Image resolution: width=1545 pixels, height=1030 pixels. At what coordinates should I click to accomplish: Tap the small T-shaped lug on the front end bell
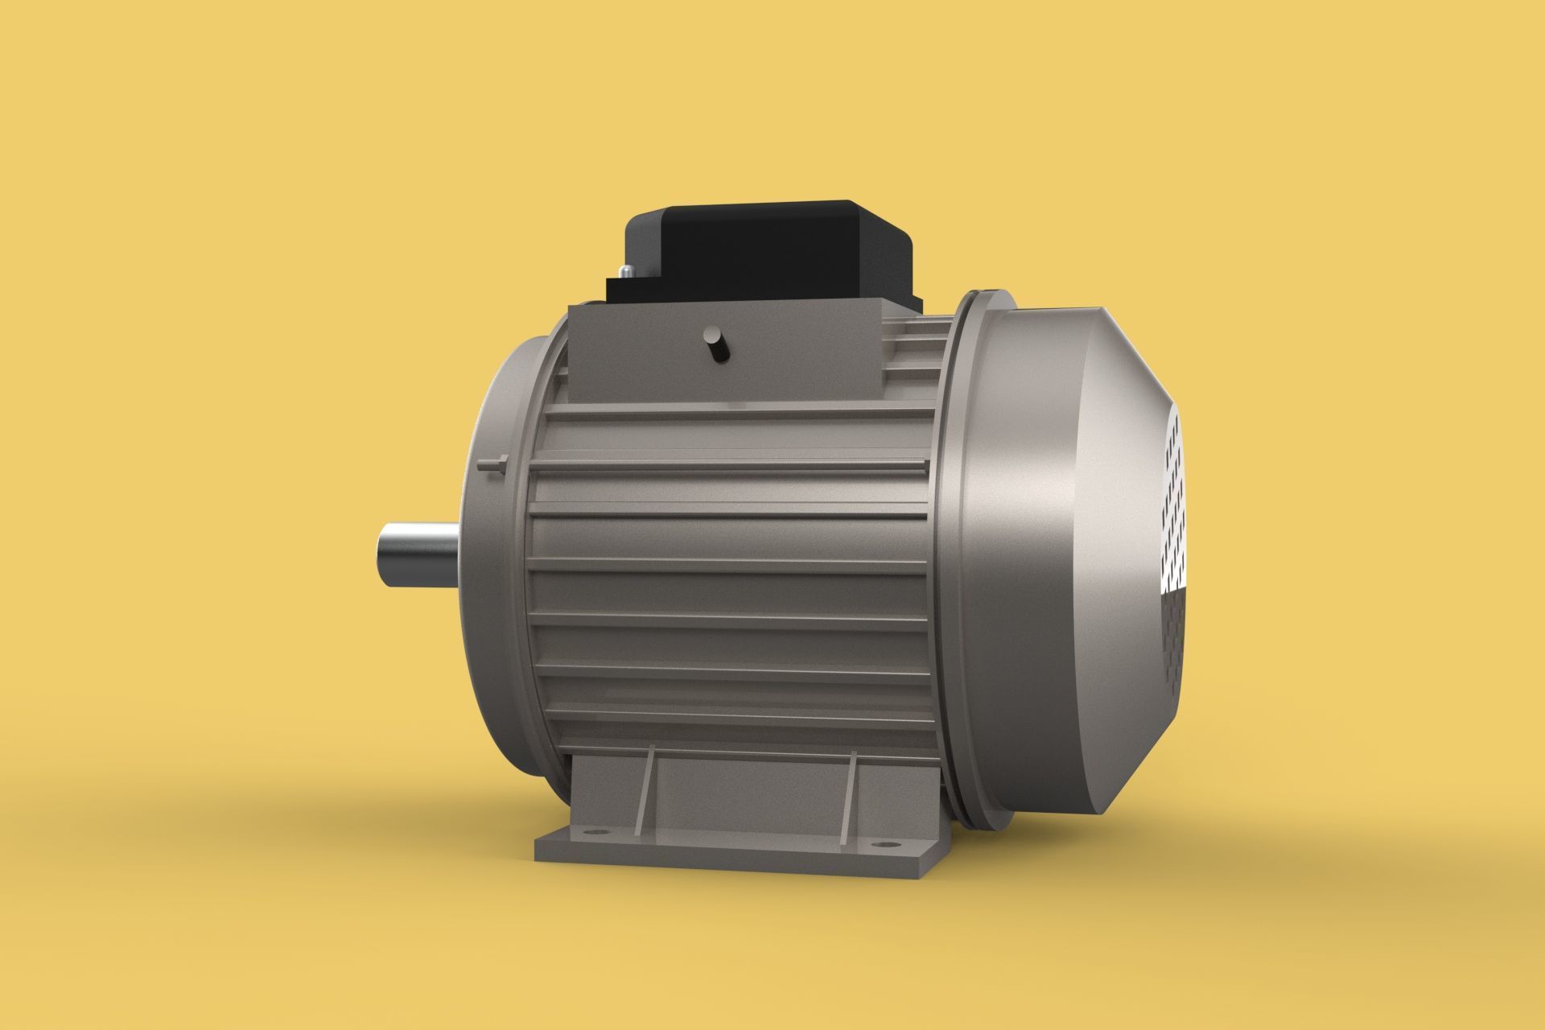point(492,463)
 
